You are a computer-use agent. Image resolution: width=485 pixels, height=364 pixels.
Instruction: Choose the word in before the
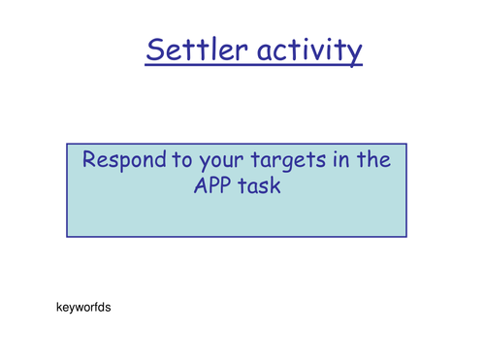[x=342, y=161]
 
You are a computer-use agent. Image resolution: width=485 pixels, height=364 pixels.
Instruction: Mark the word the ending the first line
[x=376, y=161]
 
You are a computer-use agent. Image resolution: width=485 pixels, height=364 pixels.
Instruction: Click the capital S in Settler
[x=155, y=50]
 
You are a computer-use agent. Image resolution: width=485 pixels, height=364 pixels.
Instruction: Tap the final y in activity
[x=355, y=53]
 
